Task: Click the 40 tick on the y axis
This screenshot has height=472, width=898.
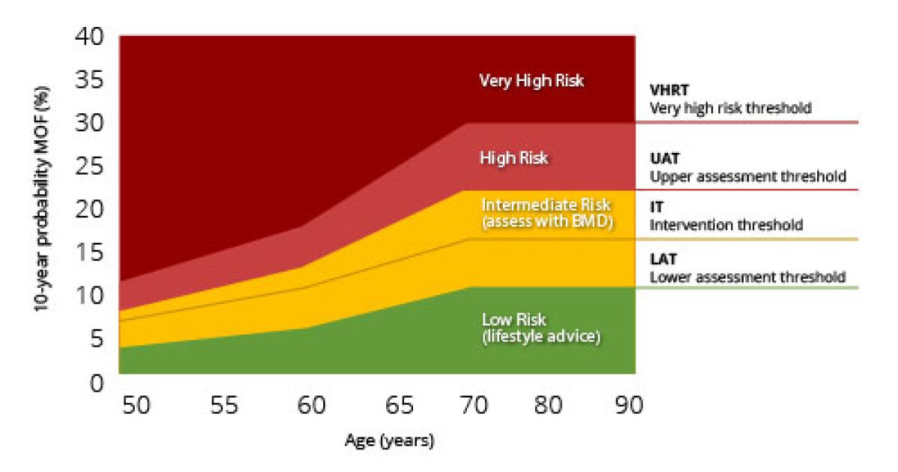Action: [x=93, y=37]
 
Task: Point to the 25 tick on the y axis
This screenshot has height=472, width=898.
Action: [x=93, y=166]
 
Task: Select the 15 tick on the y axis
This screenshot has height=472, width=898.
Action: [x=93, y=253]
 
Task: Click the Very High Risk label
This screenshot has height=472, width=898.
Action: [x=531, y=81]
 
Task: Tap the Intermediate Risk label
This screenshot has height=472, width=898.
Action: [x=546, y=205]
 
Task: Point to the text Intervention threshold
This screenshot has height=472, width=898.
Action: [x=726, y=225]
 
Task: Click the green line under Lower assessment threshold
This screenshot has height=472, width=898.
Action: [x=748, y=288]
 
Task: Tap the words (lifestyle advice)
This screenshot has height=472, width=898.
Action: [x=541, y=336]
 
